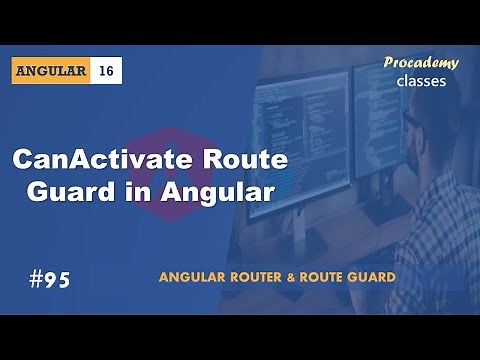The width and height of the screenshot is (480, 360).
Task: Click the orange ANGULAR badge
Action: pos(53,71)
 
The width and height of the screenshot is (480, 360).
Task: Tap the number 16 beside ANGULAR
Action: pos(107,71)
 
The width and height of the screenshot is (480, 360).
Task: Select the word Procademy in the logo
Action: pos(421,63)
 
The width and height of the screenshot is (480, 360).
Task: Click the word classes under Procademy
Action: pos(421,81)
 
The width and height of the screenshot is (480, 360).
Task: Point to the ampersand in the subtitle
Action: pos(297,276)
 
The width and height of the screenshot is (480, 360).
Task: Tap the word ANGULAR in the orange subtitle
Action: pos(193,276)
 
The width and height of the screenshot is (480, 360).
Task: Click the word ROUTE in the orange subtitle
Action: pos(326,276)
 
